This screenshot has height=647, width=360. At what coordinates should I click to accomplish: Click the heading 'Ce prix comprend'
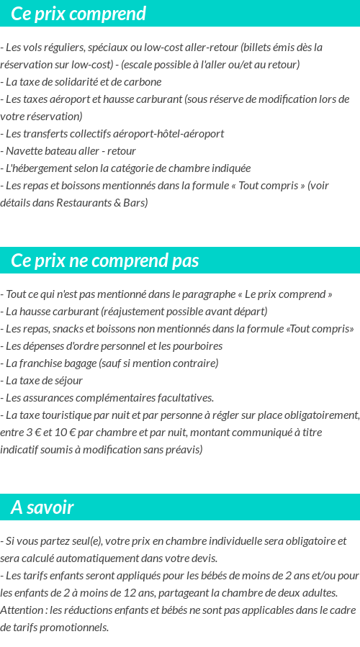point(78,14)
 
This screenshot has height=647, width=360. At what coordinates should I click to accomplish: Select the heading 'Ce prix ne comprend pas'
point(105,261)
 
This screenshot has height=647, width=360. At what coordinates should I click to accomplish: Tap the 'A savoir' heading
point(42,507)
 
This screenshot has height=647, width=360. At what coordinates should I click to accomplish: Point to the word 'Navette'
point(24,151)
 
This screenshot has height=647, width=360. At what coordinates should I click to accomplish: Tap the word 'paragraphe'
point(205,294)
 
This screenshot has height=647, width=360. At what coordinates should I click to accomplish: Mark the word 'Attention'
point(22,610)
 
